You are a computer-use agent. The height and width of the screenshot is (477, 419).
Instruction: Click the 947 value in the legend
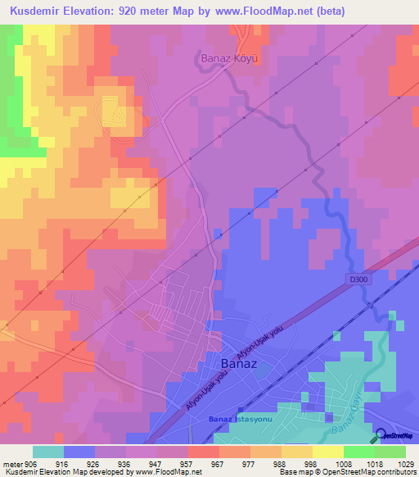[164, 462]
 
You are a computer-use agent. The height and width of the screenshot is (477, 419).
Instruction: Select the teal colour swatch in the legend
[48, 452]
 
